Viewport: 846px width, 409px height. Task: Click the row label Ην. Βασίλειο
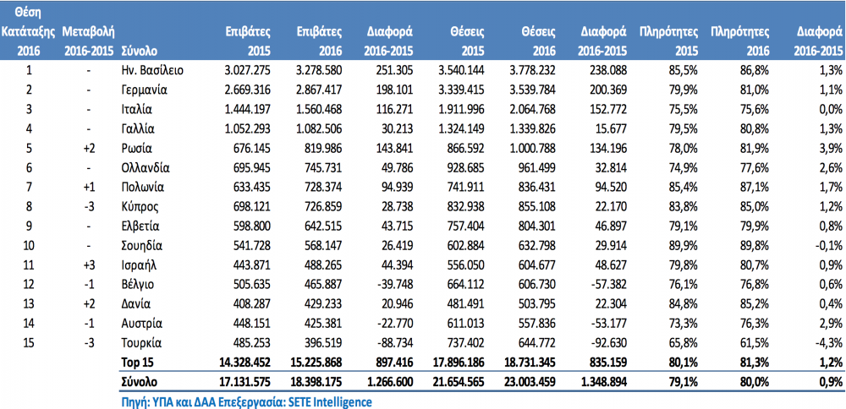pos(152,70)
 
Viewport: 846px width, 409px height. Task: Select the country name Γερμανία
pos(145,90)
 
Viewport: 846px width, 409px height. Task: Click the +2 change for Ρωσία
pos(89,148)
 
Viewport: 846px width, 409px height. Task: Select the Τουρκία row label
pos(142,343)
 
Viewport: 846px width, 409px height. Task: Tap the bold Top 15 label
pos(136,363)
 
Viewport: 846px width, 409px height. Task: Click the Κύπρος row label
pos(140,206)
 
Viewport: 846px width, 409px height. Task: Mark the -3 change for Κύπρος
pos(89,206)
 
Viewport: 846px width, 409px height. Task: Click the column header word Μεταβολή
pos(89,32)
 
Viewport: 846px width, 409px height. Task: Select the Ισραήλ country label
pos(140,265)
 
